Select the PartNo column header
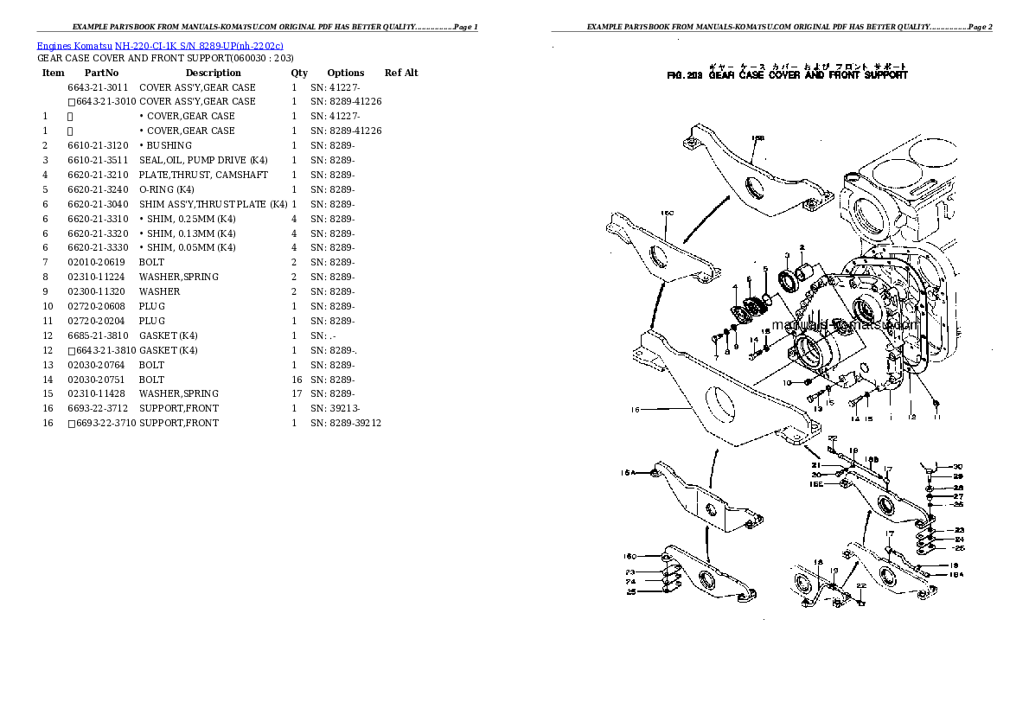coord(101,73)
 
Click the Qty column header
coord(299,73)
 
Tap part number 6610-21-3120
coord(98,145)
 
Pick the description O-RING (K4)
coord(167,189)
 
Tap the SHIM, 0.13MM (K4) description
coord(187,233)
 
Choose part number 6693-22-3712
coord(98,408)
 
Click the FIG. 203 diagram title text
coord(787,75)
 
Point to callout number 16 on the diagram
coord(635,410)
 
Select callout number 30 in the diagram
coord(958,466)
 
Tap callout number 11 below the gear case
coord(936,418)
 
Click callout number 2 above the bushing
coord(802,247)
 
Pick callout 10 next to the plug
coord(786,381)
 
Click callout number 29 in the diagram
coord(958,476)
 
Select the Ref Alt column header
coord(401,73)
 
